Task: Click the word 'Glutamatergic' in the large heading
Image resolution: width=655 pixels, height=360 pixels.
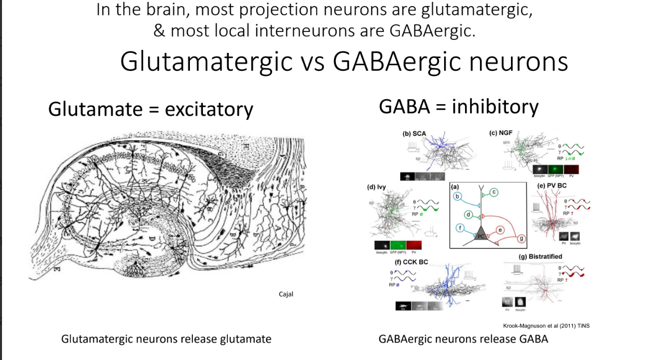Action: (x=206, y=62)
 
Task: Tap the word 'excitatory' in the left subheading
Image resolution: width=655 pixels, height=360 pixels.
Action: (x=209, y=109)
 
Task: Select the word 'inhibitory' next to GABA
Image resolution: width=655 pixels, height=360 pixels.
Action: (x=495, y=106)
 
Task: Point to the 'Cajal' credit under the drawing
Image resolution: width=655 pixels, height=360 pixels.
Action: (x=286, y=294)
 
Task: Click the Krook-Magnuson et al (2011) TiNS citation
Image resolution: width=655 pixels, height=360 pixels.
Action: (x=547, y=326)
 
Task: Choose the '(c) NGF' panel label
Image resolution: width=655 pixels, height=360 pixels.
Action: (x=501, y=133)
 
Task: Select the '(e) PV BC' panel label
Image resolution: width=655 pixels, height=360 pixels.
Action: (x=552, y=186)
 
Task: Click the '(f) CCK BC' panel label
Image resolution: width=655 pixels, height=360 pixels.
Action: (x=411, y=262)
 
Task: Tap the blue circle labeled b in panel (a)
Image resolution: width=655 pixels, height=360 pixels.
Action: (x=458, y=197)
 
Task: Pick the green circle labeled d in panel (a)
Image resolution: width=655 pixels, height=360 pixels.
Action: (x=469, y=215)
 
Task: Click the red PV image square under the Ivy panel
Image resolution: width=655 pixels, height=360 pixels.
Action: (x=414, y=245)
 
